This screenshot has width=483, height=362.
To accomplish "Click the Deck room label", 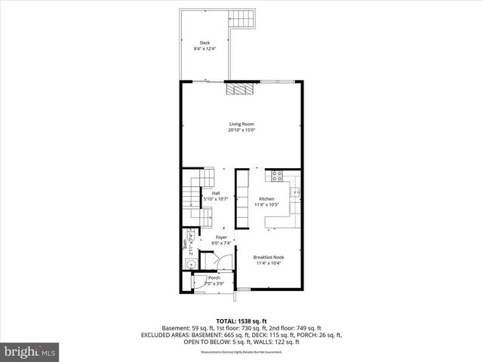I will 205,42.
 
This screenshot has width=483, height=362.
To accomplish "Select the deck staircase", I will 244,19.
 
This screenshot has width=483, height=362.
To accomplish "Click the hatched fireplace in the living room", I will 242,87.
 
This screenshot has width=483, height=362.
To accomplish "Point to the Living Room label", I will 241,124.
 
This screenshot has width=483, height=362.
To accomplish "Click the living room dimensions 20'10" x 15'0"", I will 241,130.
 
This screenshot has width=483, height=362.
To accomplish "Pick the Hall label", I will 215,193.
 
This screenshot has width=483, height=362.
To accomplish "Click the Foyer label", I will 220,238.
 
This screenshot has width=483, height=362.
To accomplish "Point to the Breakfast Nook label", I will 269,257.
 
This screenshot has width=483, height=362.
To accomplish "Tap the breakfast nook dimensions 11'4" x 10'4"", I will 269,263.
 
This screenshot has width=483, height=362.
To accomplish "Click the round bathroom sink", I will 189,265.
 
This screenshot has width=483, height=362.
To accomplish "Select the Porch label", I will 214,278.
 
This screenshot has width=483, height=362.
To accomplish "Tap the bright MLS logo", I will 30,351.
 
